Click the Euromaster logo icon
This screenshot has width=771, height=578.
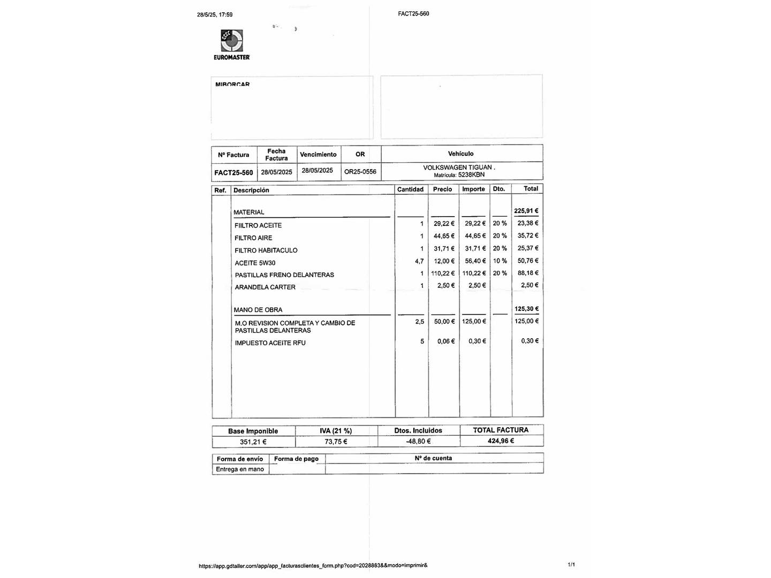[x=232, y=41]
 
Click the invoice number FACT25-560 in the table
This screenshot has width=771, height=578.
[x=233, y=172]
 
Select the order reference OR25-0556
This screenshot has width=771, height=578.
[x=360, y=172]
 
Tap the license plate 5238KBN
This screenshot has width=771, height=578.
[x=471, y=175]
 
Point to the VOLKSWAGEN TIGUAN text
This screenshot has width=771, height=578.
[x=458, y=168]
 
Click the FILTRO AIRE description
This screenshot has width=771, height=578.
[x=253, y=238]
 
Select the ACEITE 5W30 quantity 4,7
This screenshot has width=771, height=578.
[x=419, y=262]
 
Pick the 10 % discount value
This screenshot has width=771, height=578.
[x=500, y=261]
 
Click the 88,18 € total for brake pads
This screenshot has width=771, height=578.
[x=528, y=273]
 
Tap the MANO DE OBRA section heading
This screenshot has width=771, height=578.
[x=258, y=310]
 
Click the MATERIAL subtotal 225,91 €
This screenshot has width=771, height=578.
[x=526, y=211]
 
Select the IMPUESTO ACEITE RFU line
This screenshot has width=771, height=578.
[x=270, y=343]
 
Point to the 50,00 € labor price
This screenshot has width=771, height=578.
[x=444, y=322]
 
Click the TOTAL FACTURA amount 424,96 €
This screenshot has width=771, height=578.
[x=501, y=441]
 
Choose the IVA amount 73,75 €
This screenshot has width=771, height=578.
[x=336, y=442]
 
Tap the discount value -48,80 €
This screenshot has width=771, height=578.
[x=418, y=442]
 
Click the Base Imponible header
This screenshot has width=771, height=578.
[x=253, y=431]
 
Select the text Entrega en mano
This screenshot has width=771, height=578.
[x=240, y=469]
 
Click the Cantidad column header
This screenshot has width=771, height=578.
[x=410, y=189]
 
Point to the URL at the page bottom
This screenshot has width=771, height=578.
[x=313, y=565]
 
